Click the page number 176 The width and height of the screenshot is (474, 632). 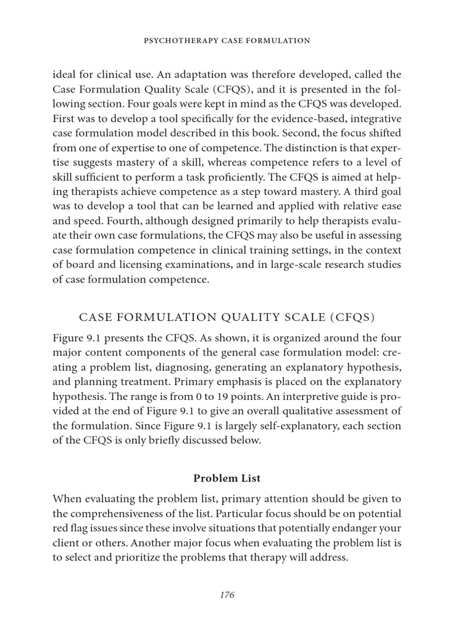click(x=227, y=595)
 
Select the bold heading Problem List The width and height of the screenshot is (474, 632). click(x=227, y=478)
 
